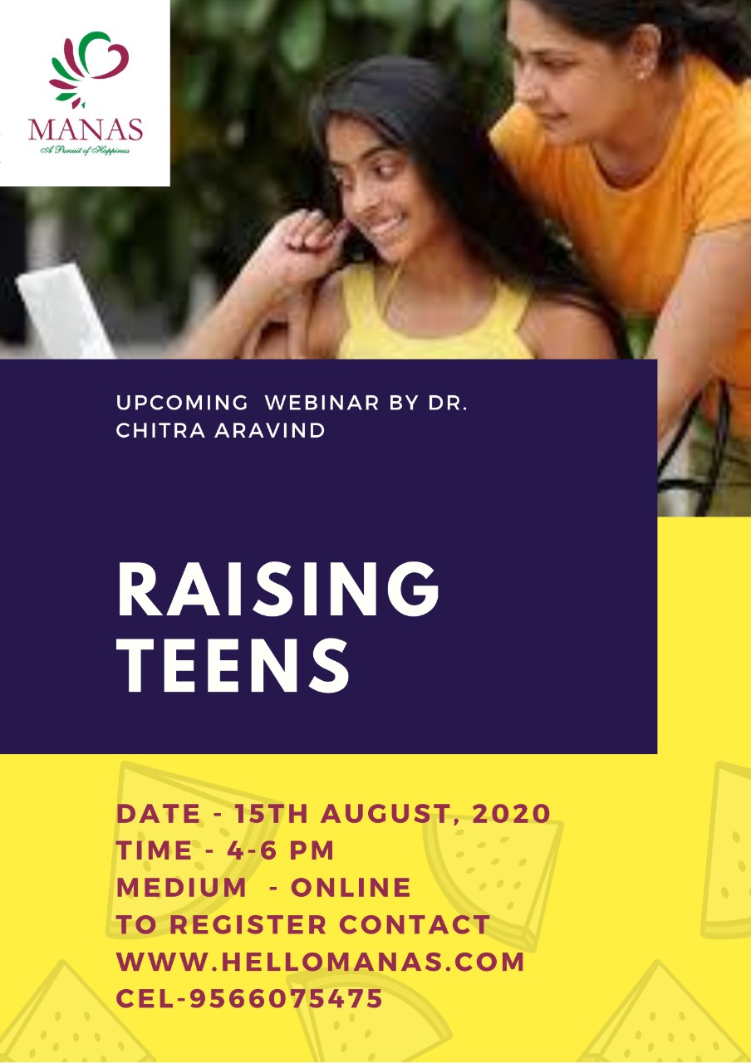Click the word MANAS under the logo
point(86,130)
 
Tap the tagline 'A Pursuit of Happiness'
point(86,150)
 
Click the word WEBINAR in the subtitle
point(322,403)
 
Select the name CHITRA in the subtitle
point(160,431)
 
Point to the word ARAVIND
point(270,431)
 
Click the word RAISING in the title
point(278,589)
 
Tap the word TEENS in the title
point(233,665)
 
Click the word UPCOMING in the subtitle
point(182,403)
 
